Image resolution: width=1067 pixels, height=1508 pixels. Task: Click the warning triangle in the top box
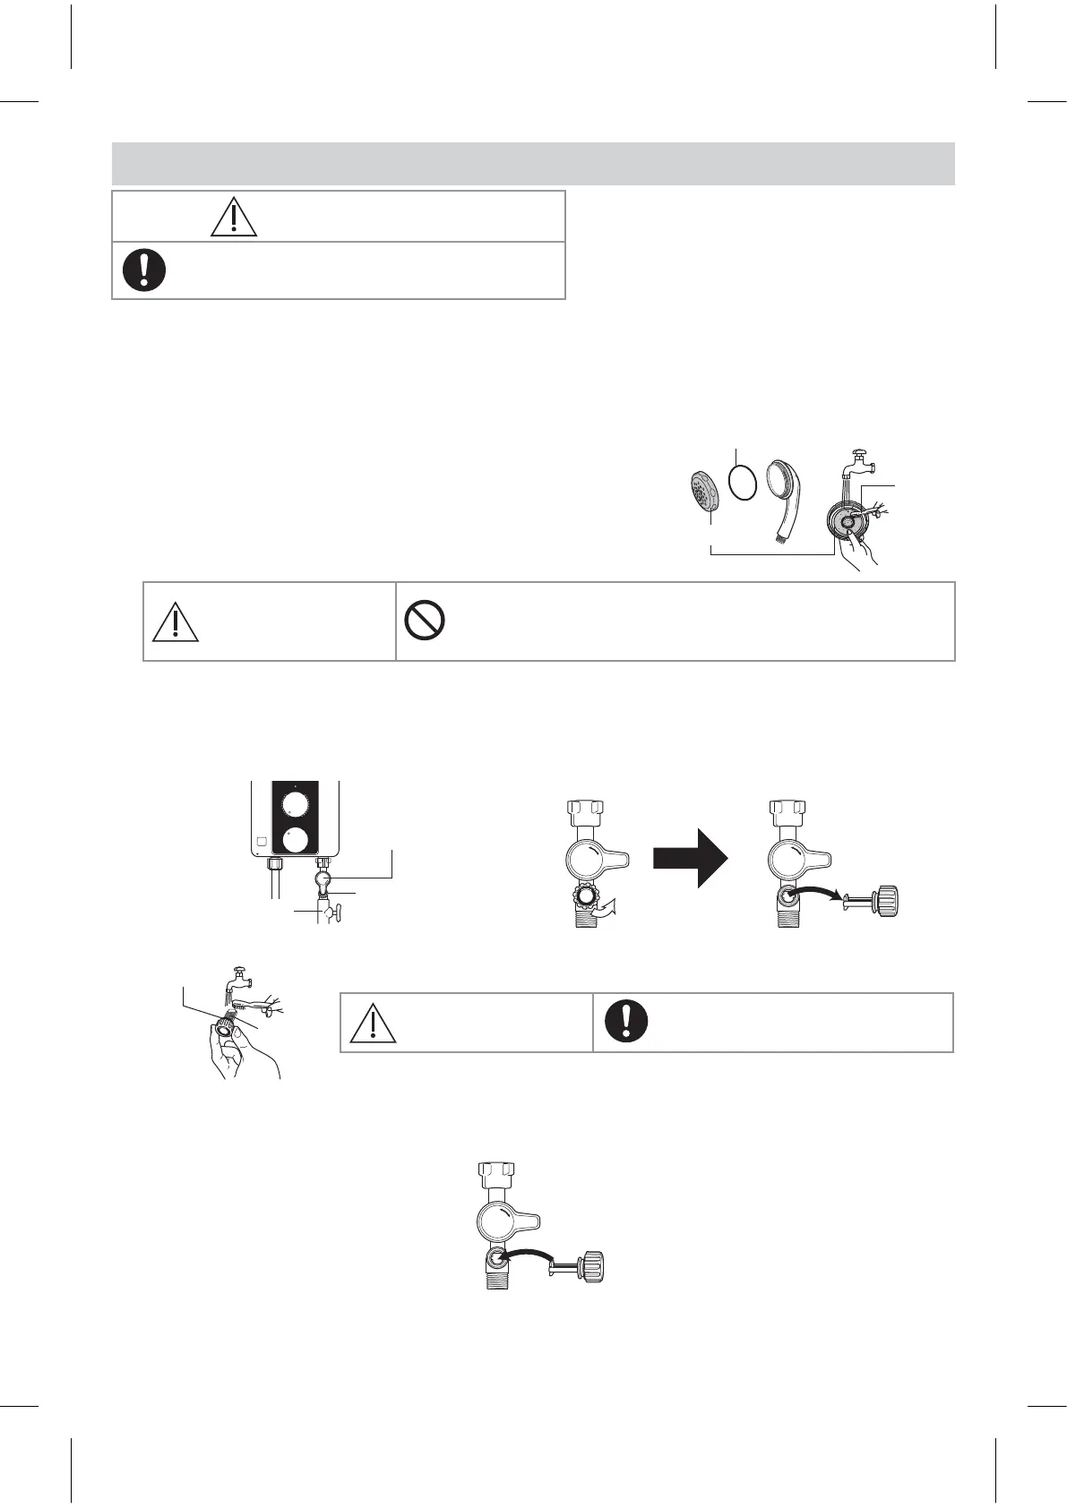(x=234, y=216)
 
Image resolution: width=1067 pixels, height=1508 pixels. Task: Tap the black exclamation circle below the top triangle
(x=144, y=269)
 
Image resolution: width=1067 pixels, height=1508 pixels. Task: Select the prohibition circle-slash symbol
(x=426, y=621)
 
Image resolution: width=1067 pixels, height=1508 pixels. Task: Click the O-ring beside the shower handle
(x=744, y=481)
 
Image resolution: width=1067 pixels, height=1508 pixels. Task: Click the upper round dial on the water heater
(x=296, y=805)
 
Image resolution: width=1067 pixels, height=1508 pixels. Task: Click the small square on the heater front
(x=260, y=843)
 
